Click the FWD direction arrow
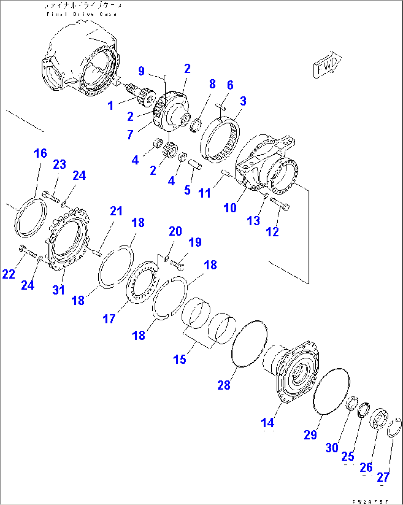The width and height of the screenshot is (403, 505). tap(327, 65)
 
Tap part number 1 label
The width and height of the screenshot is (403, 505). tap(110, 106)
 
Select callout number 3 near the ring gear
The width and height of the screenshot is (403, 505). tap(243, 101)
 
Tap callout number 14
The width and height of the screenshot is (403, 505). tap(267, 422)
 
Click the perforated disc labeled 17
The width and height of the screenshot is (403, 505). tap(142, 282)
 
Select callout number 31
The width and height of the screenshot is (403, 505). tap(58, 290)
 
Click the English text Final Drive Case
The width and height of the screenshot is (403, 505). tap(82, 14)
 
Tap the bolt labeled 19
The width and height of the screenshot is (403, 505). tap(178, 265)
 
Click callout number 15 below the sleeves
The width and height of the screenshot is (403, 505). tap(180, 359)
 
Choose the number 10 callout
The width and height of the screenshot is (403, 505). tap(230, 208)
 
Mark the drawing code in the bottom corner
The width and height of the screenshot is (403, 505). tap(370, 502)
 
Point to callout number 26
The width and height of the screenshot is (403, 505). tap(366, 467)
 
